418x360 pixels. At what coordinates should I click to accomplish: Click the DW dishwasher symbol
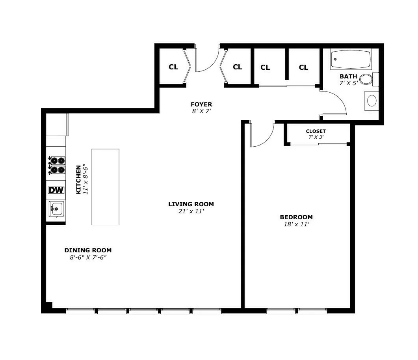click(x=56, y=190)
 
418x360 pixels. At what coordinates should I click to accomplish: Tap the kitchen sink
click(x=56, y=208)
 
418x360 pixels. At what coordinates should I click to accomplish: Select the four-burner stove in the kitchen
click(x=56, y=165)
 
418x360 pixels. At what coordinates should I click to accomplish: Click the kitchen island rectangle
click(x=106, y=187)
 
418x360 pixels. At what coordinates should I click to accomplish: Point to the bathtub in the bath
click(x=350, y=59)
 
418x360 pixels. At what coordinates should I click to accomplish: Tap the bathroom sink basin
click(x=372, y=100)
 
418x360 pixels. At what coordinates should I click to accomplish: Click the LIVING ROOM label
click(x=191, y=204)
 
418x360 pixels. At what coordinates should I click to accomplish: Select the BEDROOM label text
click(x=296, y=217)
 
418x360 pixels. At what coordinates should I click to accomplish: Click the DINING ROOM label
click(x=88, y=250)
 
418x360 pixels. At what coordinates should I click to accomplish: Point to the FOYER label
click(x=201, y=104)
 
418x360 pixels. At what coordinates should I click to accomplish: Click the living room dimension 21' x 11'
click(x=191, y=211)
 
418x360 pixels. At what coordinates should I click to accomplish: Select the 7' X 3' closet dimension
click(x=316, y=137)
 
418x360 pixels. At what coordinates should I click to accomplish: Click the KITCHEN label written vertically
click(x=78, y=179)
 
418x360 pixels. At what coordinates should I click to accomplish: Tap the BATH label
click(x=348, y=76)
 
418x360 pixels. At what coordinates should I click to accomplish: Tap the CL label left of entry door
click(x=173, y=67)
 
